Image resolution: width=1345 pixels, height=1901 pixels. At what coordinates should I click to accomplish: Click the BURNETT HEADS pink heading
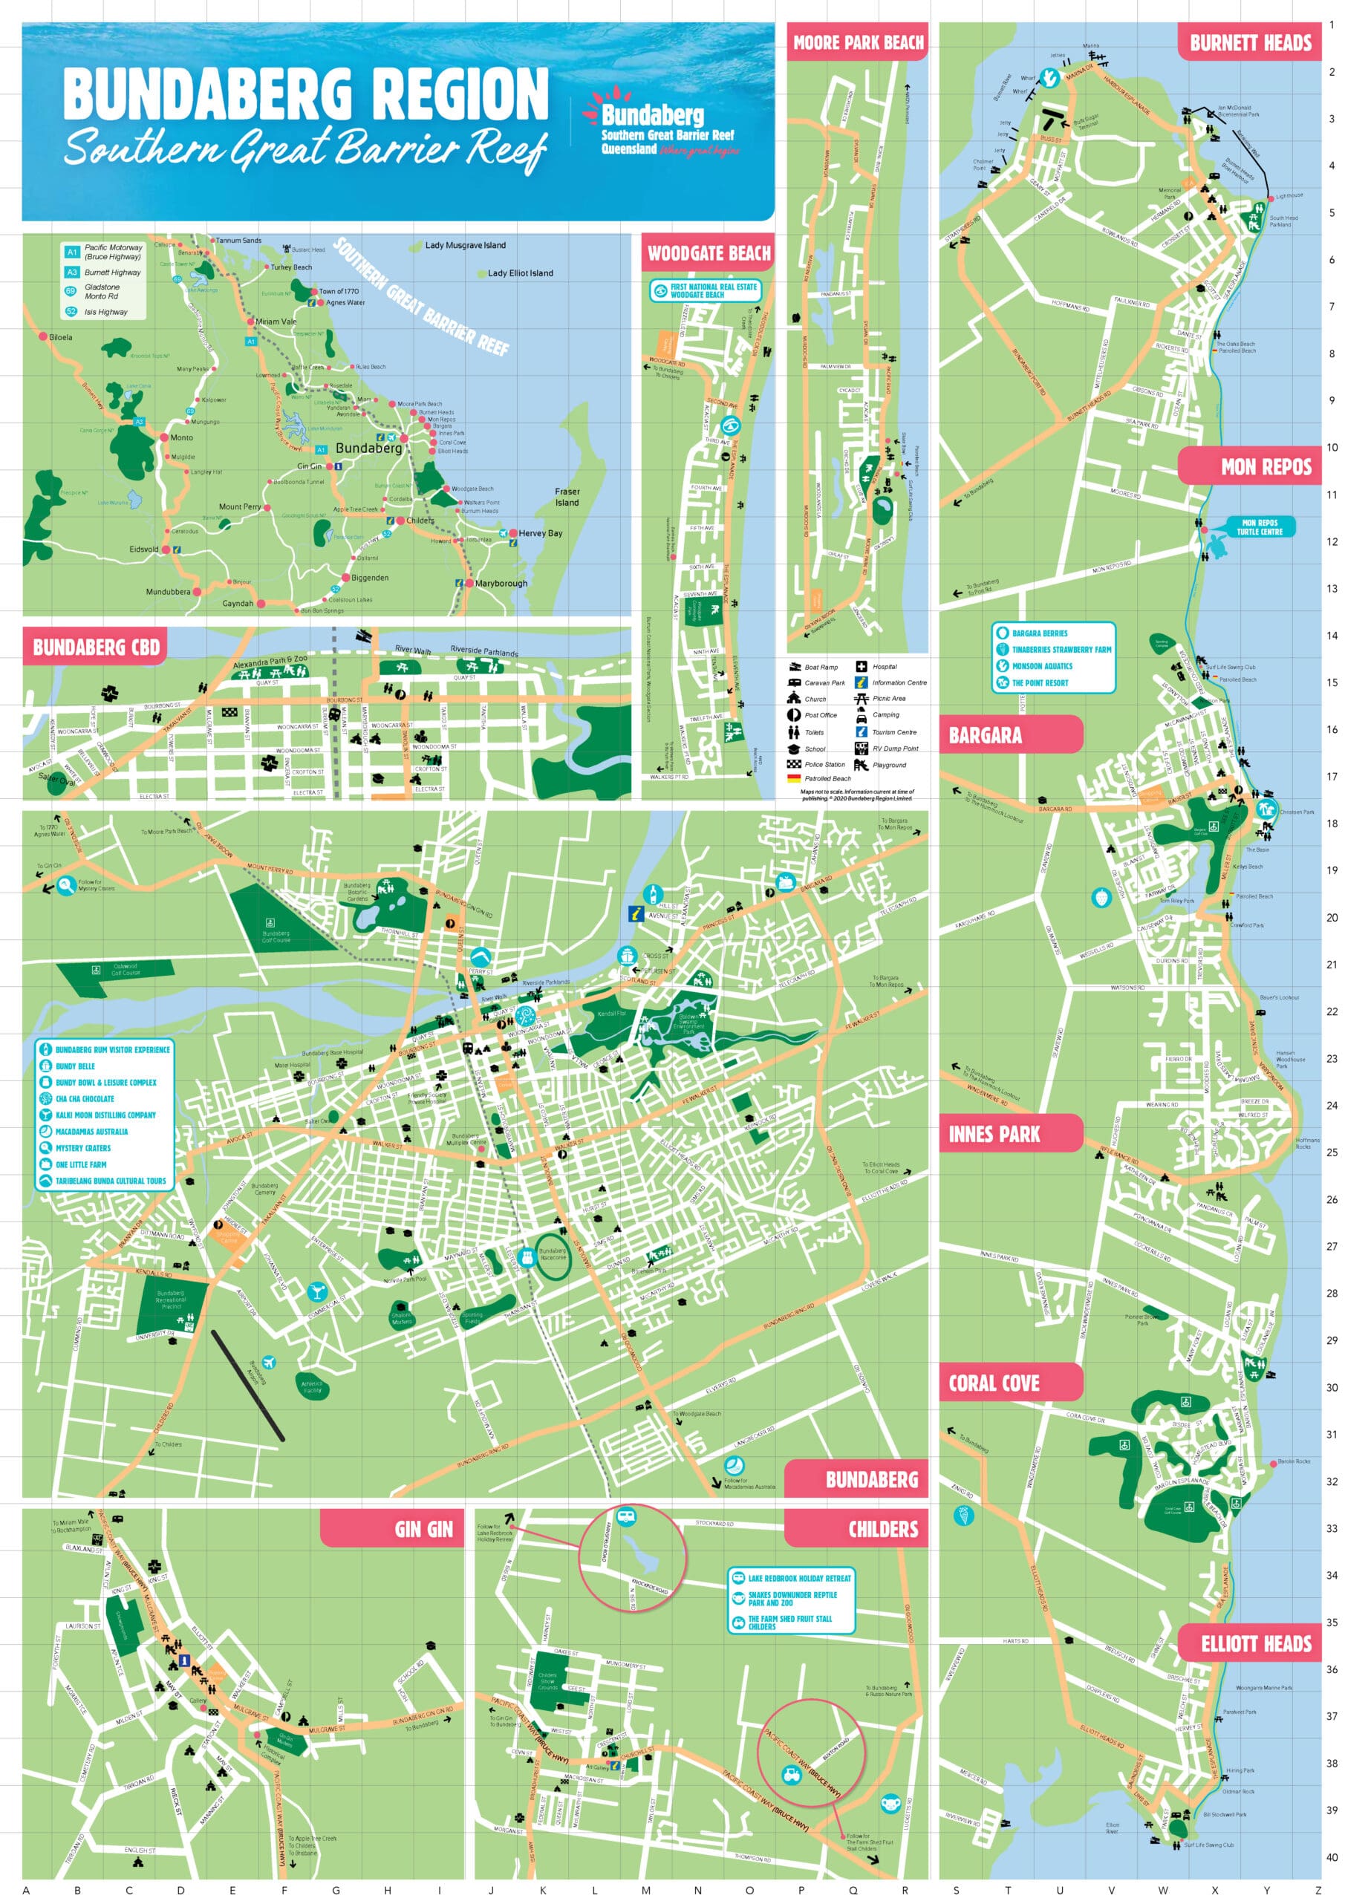click(x=1250, y=43)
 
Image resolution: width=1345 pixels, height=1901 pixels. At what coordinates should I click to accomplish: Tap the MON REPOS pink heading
click(x=1265, y=466)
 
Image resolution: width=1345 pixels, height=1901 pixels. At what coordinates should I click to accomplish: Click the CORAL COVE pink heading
click(x=994, y=1382)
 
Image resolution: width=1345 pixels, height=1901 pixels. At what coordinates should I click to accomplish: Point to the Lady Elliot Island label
click(x=520, y=273)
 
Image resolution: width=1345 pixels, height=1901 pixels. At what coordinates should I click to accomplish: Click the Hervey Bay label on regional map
click(x=540, y=533)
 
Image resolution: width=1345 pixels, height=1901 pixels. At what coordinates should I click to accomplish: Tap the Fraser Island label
click(x=567, y=497)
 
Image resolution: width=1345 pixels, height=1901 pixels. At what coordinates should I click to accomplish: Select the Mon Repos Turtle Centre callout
click(x=1260, y=527)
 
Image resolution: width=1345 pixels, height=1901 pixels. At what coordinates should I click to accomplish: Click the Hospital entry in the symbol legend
click(x=885, y=667)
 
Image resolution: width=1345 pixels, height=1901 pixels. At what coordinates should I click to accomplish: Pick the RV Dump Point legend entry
click(x=894, y=749)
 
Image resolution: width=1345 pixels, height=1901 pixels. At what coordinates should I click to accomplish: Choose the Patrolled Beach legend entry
click(x=827, y=778)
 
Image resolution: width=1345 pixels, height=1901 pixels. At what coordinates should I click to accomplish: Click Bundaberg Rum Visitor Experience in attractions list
click(x=112, y=1050)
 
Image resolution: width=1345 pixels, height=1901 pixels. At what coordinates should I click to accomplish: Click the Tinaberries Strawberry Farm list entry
click(x=1061, y=650)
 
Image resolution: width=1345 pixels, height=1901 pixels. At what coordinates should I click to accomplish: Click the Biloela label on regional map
click(x=60, y=337)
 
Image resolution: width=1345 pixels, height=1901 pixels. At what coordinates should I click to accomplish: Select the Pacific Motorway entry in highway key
click(x=113, y=252)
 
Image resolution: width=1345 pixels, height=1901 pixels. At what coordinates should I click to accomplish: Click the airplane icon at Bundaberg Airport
click(x=267, y=1362)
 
